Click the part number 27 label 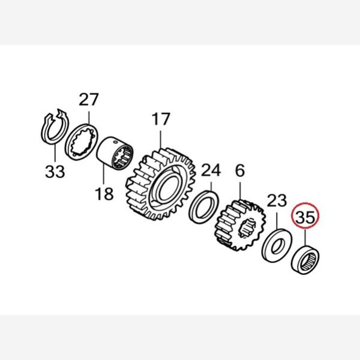(89, 99)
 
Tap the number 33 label (55, 172)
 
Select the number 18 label (104, 194)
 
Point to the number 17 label (161, 119)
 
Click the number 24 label (211, 170)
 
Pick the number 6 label (240, 170)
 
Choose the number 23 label (277, 200)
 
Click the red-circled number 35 (305, 217)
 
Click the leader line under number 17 (161, 139)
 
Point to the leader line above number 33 (55, 152)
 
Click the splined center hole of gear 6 (247, 228)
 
